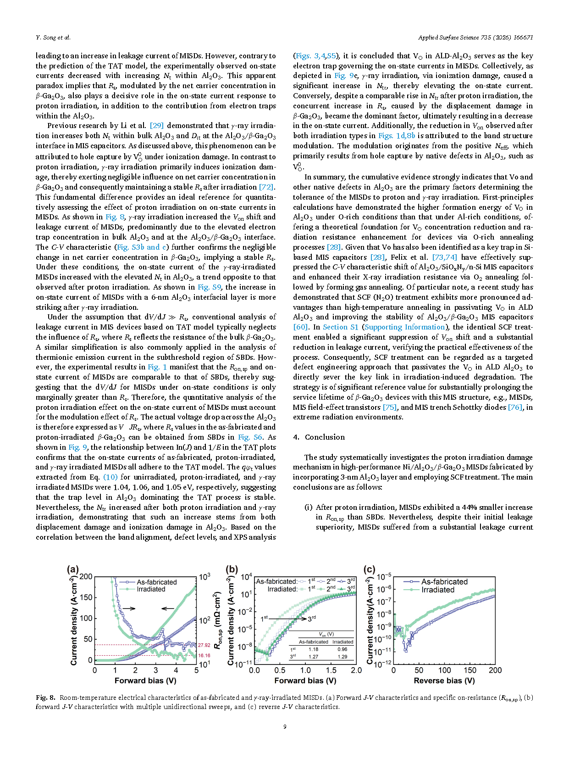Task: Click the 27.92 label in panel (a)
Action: click(204, 645)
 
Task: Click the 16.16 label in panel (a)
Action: click(204, 656)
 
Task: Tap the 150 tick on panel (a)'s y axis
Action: click(86, 597)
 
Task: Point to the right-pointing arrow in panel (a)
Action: click(129, 608)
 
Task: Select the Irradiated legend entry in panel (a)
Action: click(151, 589)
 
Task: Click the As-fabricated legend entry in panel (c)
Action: click(444, 582)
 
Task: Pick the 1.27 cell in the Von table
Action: click(314, 657)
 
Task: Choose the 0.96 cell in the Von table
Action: click(343, 649)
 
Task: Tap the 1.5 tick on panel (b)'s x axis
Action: click(331, 670)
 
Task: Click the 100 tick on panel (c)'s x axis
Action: click(444, 670)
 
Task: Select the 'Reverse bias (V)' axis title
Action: click(444, 681)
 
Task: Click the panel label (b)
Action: click(232, 569)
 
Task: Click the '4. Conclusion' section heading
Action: click(319, 437)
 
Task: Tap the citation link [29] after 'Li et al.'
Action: click(157, 126)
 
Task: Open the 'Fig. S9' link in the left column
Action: click(210, 287)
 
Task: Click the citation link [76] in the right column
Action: click(515, 407)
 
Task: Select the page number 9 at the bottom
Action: click(285, 726)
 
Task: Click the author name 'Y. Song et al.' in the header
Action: click(53, 38)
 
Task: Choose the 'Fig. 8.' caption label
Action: click(45, 698)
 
